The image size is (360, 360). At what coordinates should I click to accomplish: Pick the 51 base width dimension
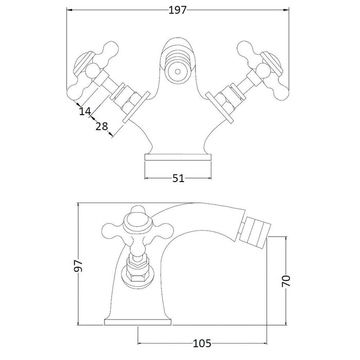177,178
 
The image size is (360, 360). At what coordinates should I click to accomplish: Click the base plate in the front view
177,156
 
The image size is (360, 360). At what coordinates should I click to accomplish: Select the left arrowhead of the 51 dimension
146,178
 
